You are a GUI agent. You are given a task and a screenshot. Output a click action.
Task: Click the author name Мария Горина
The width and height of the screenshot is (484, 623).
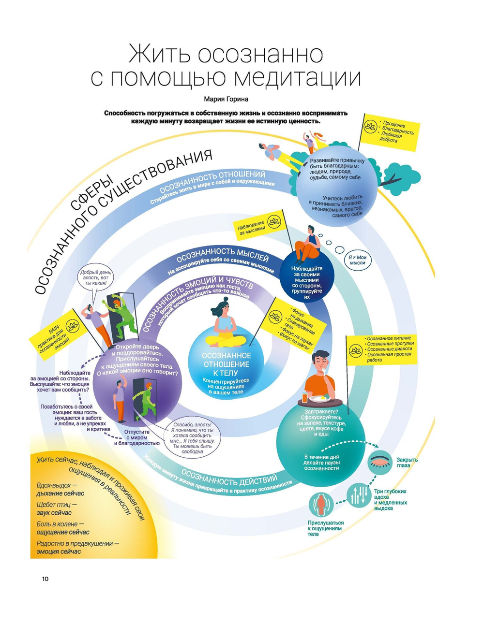[226, 99]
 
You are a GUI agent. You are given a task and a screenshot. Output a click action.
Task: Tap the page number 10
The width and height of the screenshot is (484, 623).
[45, 579]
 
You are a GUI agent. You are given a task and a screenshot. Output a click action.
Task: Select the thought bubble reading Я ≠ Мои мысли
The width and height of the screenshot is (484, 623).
[357, 260]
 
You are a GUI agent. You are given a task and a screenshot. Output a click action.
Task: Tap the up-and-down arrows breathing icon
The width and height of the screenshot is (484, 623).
[357, 494]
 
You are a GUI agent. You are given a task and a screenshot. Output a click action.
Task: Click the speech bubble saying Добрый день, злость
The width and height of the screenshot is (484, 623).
[96, 277]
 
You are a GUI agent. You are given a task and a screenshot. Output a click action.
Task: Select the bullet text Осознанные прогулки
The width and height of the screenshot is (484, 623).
[390, 344]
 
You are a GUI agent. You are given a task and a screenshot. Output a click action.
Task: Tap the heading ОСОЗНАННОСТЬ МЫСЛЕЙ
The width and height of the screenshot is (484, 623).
[223, 255]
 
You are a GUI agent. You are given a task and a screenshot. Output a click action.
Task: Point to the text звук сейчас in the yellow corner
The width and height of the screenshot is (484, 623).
[54, 513]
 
